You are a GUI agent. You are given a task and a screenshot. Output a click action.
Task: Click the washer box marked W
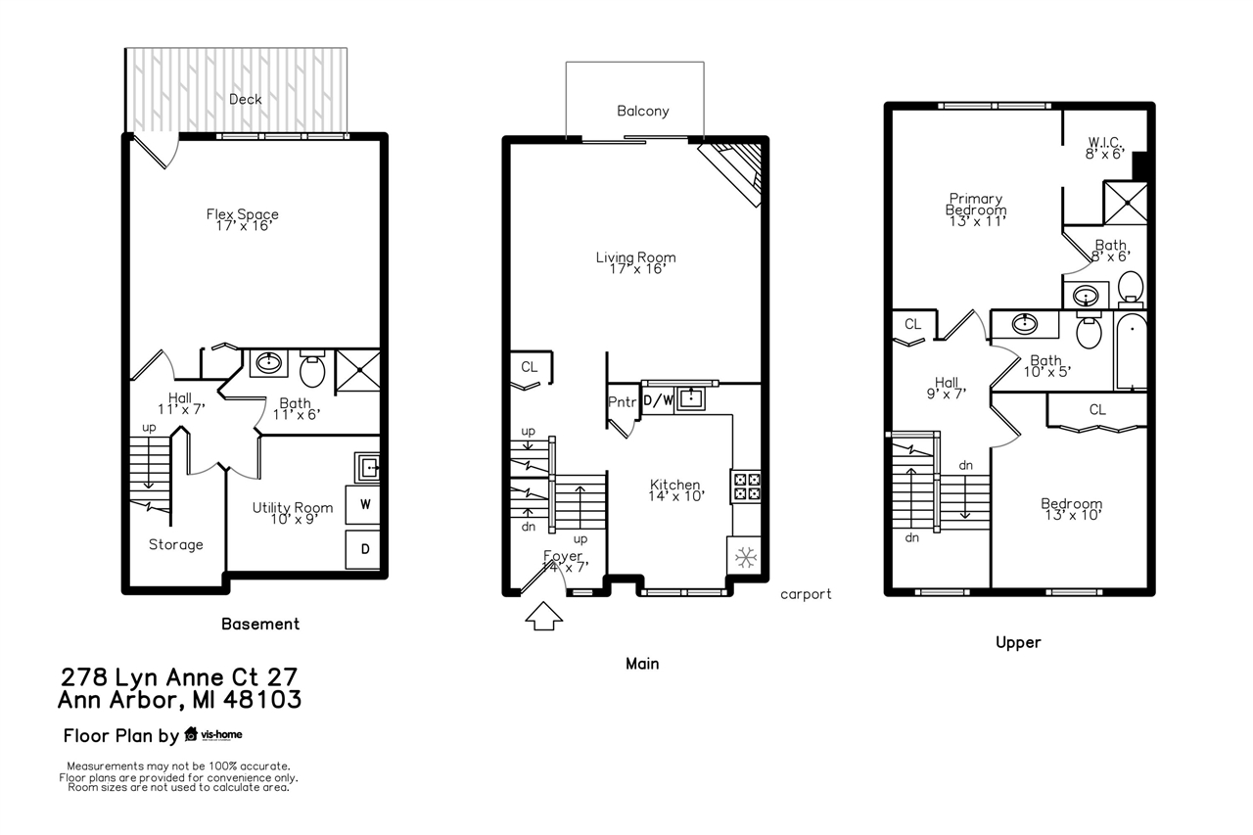pyautogui.click(x=365, y=505)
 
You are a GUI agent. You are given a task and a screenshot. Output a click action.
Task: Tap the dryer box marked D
pyautogui.click(x=365, y=549)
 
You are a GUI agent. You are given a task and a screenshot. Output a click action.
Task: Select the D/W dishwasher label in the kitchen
pyautogui.click(x=657, y=399)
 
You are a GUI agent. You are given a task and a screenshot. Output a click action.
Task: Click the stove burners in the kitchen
pyautogui.click(x=746, y=487)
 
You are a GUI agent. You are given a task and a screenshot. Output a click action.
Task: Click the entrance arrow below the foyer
pyautogui.click(x=544, y=619)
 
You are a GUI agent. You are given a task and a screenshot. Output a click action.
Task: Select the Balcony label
pyautogui.click(x=643, y=111)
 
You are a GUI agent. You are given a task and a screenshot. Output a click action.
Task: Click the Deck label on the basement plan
pyautogui.click(x=245, y=99)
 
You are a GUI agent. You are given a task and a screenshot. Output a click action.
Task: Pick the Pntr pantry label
pyautogui.click(x=623, y=401)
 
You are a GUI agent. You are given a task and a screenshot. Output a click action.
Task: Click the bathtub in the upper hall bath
pyautogui.click(x=1132, y=352)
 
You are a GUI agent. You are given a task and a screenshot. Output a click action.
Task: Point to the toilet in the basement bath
pyautogui.click(x=312, y=370)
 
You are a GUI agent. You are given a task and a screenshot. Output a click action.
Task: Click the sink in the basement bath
pyautogui.click(x=267, y=363)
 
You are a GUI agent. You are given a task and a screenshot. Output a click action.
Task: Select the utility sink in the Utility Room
pyautogui.click(x=368, y=468)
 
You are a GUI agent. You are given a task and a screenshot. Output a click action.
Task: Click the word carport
pyautogui.click(x=806, y=593)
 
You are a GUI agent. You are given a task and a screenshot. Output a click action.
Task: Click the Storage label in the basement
pyautogui.click(x=176, y=544)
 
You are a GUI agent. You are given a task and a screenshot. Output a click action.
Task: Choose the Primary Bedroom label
pyautogui.click(x=975, y=205)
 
